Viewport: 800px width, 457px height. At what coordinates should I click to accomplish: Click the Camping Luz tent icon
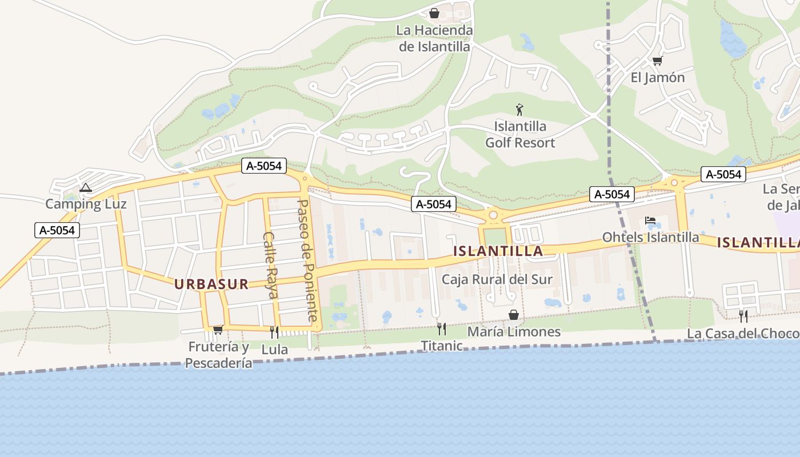tap(86, 187)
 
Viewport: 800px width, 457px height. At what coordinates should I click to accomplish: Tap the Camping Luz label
tap(86, 204)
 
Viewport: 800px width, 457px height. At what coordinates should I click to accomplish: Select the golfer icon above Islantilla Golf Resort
tap(519, 110)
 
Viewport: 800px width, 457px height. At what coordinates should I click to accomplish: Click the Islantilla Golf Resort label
tap(520, 134)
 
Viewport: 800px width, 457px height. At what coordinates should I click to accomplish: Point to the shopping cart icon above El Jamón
tap(657, 61)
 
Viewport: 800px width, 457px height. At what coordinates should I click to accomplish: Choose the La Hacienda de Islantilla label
tap(435, 38)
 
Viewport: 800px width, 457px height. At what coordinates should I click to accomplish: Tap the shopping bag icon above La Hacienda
tap(434, 13)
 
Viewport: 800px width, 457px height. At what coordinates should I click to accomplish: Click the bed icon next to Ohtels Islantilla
tap(650, 221)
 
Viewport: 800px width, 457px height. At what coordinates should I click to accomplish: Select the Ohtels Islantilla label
tap(651, 237)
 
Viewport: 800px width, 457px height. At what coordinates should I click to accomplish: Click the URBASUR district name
tap(211, 284)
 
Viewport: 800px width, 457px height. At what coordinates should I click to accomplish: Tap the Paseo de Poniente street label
tap(308, 260)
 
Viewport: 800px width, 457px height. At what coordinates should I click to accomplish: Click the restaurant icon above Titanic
tap(441, 328)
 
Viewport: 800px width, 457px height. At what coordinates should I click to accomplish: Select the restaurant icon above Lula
tap(274, 332)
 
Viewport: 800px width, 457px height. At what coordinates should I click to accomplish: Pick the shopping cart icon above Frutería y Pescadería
tap(218, 330)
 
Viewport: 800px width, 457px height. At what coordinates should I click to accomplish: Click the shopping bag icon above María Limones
tap(514, 315)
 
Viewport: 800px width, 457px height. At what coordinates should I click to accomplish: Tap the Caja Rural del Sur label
tap(497, 279)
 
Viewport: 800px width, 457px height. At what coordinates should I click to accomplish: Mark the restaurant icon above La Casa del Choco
tap(743, 316)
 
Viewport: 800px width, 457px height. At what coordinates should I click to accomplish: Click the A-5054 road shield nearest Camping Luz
tap(57, 230)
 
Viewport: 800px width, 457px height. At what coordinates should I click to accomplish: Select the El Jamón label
tap(658, 78)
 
